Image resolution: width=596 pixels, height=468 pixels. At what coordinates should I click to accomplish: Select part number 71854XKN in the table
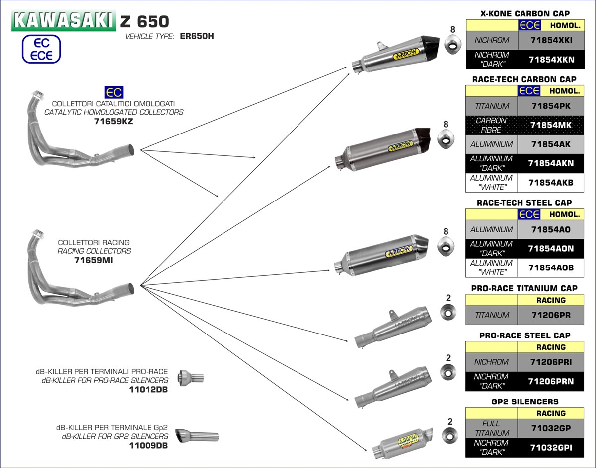tap(551, 59)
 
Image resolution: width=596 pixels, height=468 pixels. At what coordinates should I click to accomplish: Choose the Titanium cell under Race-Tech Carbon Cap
tap(492, 106)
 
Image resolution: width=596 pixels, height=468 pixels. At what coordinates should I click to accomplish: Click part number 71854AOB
tap(551, 267)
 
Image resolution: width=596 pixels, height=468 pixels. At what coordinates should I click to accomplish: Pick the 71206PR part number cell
tap(551, 315)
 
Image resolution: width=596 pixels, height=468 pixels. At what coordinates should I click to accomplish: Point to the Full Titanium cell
tap(492, 428)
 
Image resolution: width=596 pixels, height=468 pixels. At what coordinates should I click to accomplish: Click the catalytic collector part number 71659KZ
tap(113, 121)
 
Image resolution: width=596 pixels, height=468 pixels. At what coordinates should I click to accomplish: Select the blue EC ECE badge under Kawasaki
tap(41, 49)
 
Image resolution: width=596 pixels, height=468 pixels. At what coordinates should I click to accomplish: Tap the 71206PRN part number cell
tap(551, 381)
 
